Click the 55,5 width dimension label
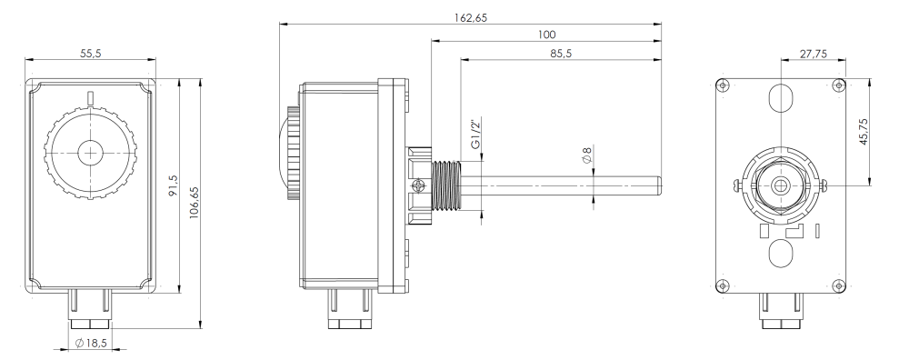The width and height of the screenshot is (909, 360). (90, 54)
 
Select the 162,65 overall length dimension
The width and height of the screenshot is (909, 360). (470, 18)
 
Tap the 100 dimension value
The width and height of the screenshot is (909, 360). (546, 35)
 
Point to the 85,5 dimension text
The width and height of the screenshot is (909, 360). (561, 54)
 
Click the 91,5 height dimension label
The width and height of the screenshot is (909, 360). (173, 186)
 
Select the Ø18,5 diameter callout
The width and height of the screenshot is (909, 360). (91, 344)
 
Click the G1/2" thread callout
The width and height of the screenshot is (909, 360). (475, 135)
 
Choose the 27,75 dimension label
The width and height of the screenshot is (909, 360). (814, 54)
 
